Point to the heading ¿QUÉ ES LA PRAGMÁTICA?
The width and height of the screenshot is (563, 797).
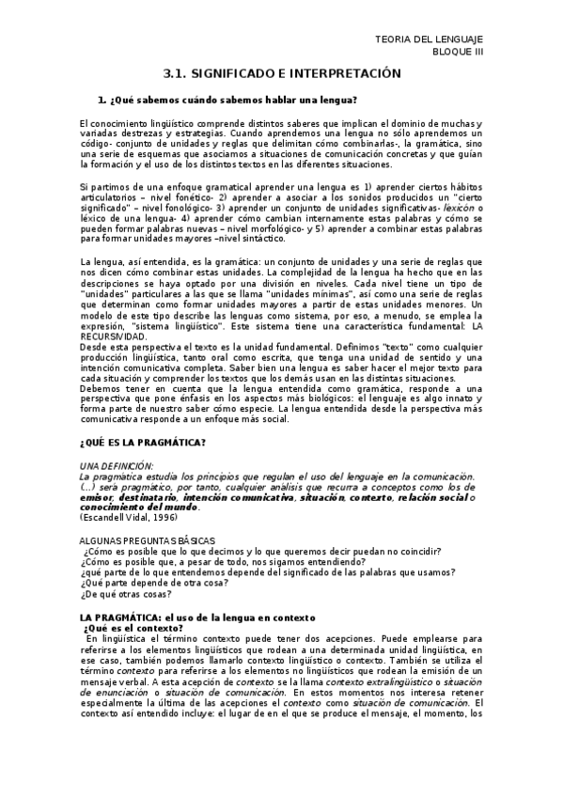coord(143,443)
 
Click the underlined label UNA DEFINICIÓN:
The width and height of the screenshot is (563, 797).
coord(117,467)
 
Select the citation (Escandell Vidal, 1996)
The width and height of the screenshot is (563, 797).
coord(128,517)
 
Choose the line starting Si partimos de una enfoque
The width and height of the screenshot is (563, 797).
coord(282,187)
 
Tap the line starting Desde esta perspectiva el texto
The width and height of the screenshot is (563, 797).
coord(282,346)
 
